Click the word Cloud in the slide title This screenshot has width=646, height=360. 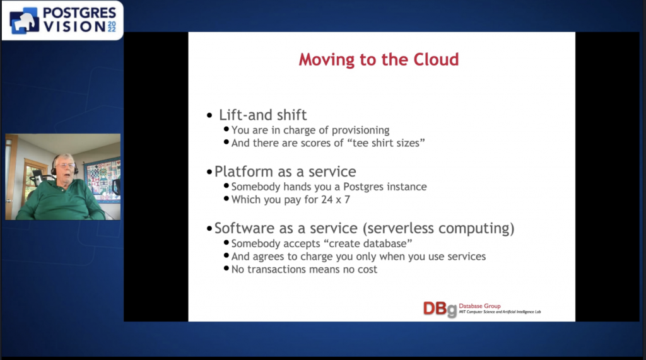tap(436, 59)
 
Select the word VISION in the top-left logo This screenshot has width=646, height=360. tap(74, 26)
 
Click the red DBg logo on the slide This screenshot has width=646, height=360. tap(440, 309)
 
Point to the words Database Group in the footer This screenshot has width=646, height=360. tap(479, 306)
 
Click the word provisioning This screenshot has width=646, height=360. tap(360, 131)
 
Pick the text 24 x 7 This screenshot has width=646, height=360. tap(336, 200)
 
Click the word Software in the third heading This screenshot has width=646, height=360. tap(245, 228)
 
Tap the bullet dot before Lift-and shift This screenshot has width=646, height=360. tap(209, 115)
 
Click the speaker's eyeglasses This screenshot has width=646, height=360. tap(66, 166)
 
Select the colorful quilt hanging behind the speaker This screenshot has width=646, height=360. tap(102, 180)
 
